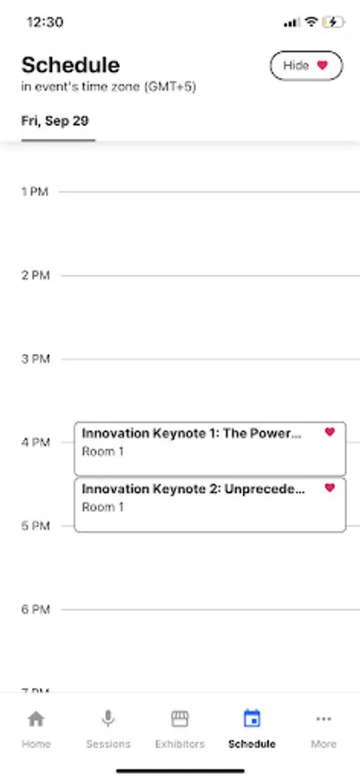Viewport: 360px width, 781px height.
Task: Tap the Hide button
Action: (306, 65)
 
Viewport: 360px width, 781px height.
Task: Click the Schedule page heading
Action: (71, 65)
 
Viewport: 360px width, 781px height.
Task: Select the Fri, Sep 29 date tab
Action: (55, 121)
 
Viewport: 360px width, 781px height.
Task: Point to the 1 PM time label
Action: (35, 192)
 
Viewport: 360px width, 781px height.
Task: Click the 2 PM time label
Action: (36, 275)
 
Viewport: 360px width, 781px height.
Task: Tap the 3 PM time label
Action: (36, 359)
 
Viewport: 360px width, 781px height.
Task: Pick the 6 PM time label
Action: (36, 610)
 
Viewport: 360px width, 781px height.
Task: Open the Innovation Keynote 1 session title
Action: (192, 433)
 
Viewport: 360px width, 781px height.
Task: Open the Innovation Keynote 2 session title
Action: (193, 489)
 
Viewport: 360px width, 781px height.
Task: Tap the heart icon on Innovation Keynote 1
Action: (330, 432)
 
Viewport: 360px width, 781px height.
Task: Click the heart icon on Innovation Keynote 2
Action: (330, 488)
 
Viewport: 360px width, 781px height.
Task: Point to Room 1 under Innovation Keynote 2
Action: (102, 507)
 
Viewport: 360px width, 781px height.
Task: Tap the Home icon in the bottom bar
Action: (36, 719)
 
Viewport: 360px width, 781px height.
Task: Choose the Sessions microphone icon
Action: (108, 719)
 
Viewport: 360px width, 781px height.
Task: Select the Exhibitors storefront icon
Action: (180, 719)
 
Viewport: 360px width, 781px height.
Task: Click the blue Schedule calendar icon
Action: (252, 719)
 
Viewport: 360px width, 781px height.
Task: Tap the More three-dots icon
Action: (324, 719)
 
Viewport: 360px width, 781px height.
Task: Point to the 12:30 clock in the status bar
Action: (45, 23)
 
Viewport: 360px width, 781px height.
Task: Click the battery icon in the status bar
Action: (333, 22)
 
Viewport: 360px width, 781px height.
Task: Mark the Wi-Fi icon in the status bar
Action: (311, 22)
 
